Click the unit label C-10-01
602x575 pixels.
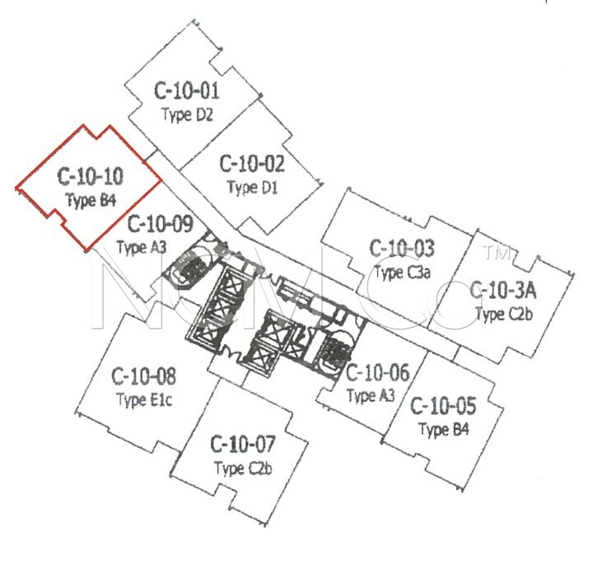(187, 91)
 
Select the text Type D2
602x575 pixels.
(188, 115)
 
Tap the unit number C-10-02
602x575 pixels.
(252, 164)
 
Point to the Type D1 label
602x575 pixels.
(252, 188)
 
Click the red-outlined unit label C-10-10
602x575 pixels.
(91, 176)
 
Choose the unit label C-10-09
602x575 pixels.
(160, 224)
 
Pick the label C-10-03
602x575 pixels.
(402, 248)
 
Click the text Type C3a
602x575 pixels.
(403, 273)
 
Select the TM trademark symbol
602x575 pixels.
(498, 253)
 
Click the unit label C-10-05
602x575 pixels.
(443, 406)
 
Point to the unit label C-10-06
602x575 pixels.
(378, 372)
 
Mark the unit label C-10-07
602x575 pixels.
(243, 444)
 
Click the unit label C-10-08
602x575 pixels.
(143, 376)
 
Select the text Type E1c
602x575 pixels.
(144, 400)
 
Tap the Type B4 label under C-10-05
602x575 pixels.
(444, 429)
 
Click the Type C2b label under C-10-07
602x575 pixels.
(244, 468)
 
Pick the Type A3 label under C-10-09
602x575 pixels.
(142, 247)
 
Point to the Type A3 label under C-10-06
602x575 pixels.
(371, 395)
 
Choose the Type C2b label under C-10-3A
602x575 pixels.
(505, 314)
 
